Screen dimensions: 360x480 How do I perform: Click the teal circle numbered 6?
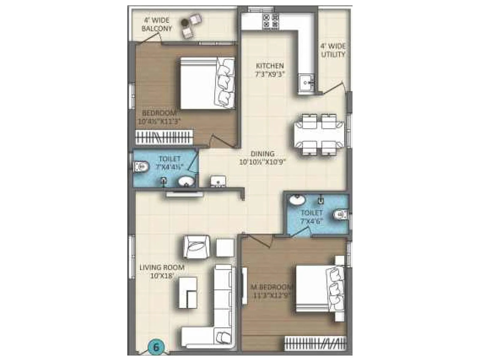tap(156, 348)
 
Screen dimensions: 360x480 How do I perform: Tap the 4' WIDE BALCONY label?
tap(157, 25)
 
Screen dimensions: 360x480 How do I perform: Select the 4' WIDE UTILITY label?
tap(333, 50)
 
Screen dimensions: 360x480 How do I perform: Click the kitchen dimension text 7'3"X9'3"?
tap(269, 74)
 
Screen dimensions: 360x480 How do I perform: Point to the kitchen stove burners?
tap(271, 21)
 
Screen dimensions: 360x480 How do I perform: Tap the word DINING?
tap(262, 154)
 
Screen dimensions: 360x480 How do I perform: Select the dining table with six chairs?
tap(318, 134)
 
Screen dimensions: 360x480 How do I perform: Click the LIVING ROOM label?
tap(162, 267)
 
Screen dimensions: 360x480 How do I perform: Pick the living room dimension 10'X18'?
tap(162, 276)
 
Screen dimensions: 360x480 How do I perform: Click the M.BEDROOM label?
tap(271, 287)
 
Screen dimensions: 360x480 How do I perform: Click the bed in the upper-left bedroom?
tap(207, 83)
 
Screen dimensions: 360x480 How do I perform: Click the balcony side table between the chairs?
tap(184, 22)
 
